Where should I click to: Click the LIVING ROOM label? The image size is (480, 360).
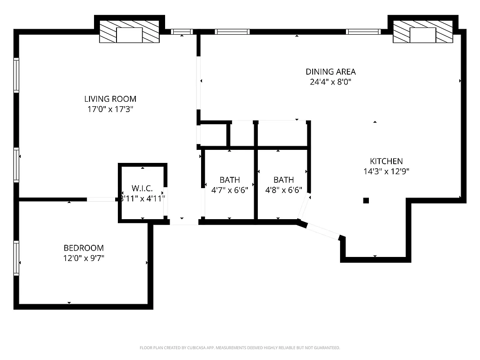click(110, 99)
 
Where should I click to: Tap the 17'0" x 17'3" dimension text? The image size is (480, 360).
click(110, 109)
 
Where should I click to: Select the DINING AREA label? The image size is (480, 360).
click(331, 72)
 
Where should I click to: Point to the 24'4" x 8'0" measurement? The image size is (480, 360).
click(331, 82)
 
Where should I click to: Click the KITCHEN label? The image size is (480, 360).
click(386, 161)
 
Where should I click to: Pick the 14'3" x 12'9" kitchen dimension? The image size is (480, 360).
click(386, 171)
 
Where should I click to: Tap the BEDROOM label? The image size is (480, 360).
click(84, 248)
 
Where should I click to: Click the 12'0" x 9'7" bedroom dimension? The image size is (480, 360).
click(84, 258)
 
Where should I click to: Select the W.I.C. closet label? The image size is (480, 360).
click(143, 188)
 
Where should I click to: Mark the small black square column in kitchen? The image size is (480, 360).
click(366, 201)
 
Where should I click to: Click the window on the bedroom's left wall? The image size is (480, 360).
click(17, 258)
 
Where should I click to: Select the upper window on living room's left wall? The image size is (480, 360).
click(17, 75)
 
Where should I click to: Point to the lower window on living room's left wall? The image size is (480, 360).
click(17, 165)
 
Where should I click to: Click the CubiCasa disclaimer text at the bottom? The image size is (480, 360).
click(240, 348)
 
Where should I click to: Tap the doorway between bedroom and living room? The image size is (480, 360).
click(102, 199)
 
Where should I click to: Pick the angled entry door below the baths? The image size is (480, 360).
click(323, 230)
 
